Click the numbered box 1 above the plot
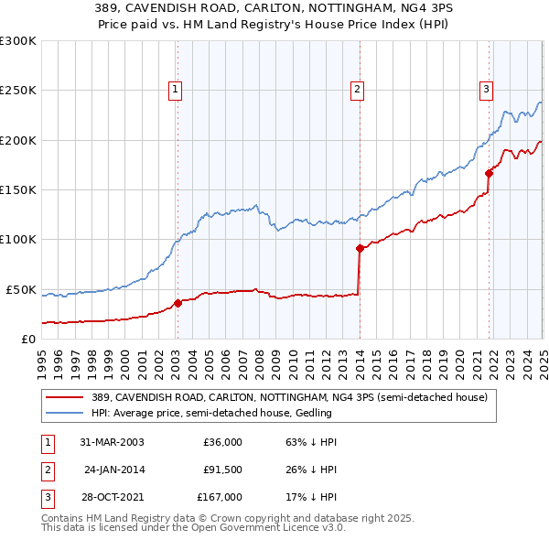click(x=174, y=89)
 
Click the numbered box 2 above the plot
click(x=356, y=89)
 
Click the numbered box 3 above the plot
click(x=486, y=89)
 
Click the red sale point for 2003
click(x=178, y=303)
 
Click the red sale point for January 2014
click(x=360, y=247)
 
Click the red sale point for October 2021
click(x=490, y=173)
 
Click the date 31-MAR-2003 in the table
click(x=111, y=442)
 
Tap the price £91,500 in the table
click(x=221, y=470)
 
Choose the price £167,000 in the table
click(x=221, y=497)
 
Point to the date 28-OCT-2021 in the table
click(x=111, y=497)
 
